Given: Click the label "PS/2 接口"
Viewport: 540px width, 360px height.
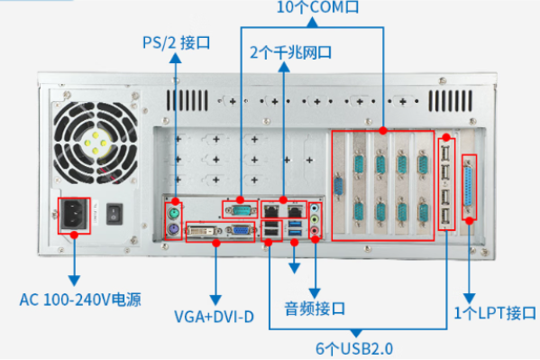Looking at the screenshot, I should (x=177, y=42).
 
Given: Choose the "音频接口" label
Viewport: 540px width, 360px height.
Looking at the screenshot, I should (x=316, y=309).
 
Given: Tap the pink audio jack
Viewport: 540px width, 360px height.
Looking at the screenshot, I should (x=315, y=231).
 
